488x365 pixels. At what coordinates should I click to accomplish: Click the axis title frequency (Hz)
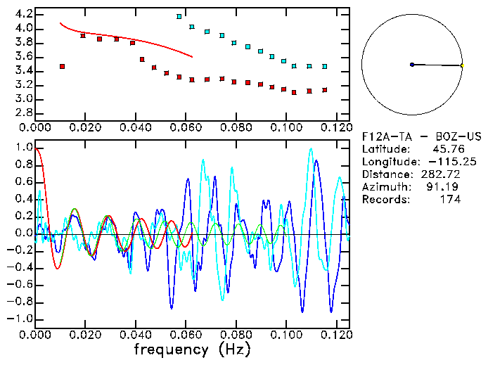192,349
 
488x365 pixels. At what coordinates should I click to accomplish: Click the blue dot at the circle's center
412,65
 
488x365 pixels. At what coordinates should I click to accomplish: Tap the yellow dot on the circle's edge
462,65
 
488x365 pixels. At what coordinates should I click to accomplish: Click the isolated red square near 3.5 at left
63,66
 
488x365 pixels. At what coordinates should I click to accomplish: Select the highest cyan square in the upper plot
179,16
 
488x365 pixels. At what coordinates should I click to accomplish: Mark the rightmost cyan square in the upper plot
324,66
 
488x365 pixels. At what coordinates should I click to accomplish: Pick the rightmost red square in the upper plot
324,90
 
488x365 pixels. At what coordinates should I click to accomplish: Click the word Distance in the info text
385,174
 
